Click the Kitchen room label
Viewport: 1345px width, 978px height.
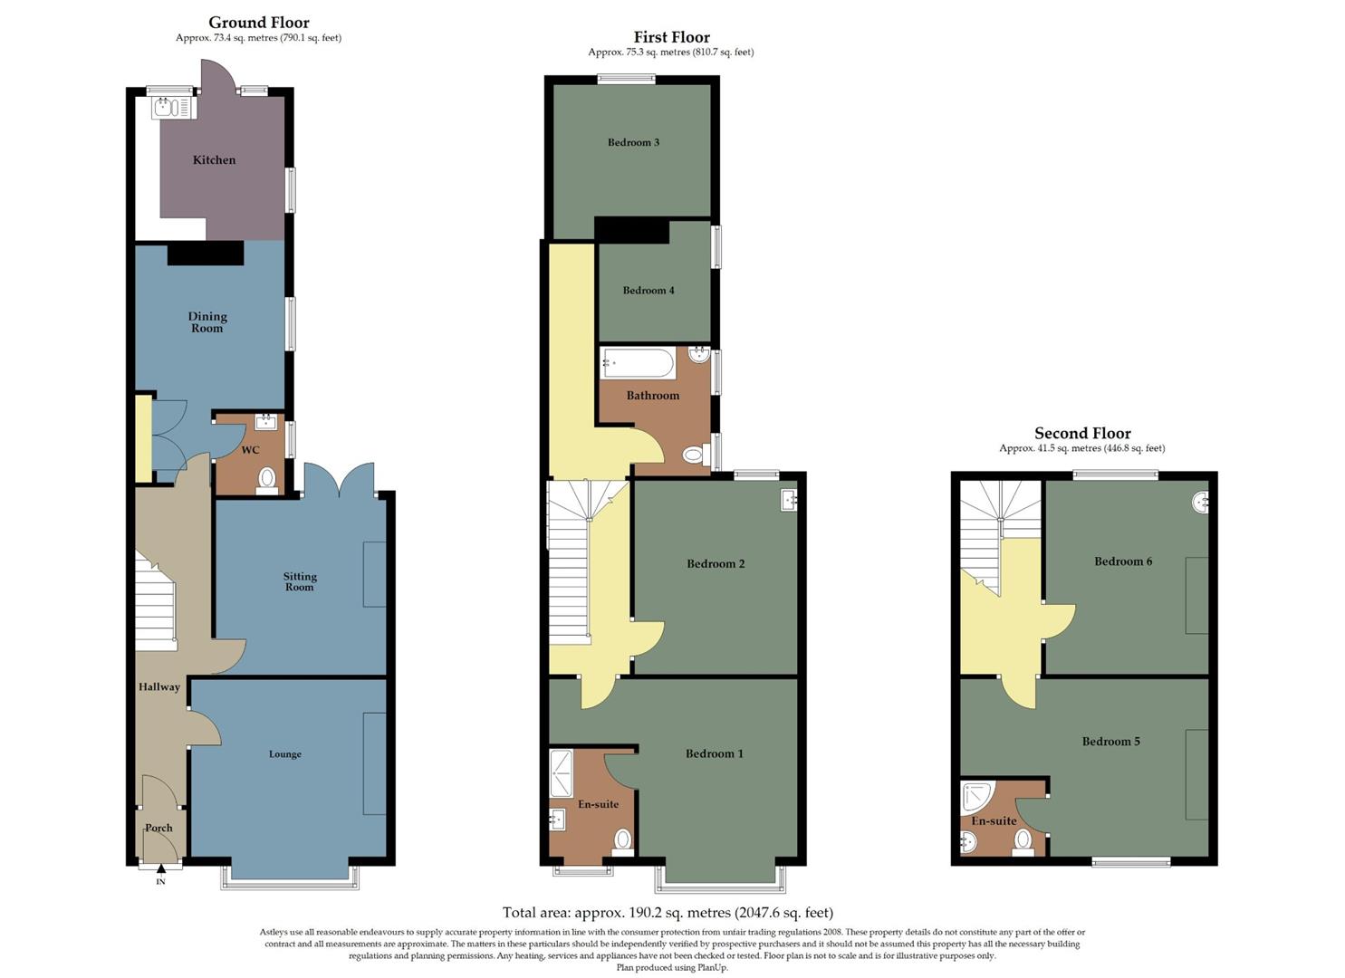click(214, 160)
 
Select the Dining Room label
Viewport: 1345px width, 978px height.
click(207, 322)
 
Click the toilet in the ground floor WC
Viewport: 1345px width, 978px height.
click(267, 477)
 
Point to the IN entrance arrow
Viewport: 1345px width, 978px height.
click(160, 871)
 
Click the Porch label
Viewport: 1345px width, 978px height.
click(159, 828)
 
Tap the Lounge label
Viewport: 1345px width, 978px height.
click(285, 754)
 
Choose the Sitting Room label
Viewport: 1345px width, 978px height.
click(300, 581)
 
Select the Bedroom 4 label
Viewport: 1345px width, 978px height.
click(648, 291)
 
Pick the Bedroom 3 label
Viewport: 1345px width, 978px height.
click(633, 142)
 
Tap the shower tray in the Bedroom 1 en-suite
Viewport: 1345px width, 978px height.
click(562, 773)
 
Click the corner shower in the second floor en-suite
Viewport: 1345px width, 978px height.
click(976, 795)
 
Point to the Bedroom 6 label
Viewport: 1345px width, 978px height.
click(1123, 561)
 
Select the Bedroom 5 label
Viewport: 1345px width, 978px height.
click(1110, 742)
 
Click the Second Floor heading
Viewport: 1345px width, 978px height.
click(1082, 433)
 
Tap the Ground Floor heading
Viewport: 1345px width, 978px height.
click(259, 23)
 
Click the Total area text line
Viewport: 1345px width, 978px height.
click(668, 913)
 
